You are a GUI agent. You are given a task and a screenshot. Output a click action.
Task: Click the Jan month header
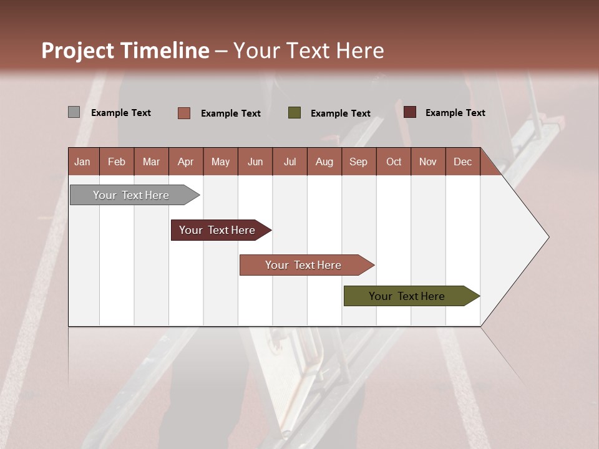tap(82, 162)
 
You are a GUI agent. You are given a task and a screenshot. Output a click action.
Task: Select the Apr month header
tap(185, 162)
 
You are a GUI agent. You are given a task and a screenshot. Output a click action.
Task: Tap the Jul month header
tap(290, 162)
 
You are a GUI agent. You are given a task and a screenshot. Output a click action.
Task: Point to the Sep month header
tap(358, 162)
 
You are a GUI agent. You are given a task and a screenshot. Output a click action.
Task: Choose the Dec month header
tap(462, 162)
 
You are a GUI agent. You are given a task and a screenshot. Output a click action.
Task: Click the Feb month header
tap(117, 162)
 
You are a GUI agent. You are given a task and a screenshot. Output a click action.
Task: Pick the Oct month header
tap(394, 162)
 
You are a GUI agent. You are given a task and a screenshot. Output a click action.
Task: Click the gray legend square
tap(74, 112)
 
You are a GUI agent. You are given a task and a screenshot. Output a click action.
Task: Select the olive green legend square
tap(295, 113)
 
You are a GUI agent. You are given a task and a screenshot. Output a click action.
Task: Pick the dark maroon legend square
tap(410, 112)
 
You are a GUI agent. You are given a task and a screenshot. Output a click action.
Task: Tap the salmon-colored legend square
tap(184, 113)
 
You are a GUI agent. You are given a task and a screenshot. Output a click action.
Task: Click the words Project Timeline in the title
tap(125, 51)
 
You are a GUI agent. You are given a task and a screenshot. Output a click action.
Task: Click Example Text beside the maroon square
tap(455, 113)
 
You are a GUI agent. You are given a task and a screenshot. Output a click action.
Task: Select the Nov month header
tap(427, 162)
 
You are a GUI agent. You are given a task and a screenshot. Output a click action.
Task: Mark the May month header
tap(220, 162)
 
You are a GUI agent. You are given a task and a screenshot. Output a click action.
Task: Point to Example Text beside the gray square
tap(121, 113)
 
